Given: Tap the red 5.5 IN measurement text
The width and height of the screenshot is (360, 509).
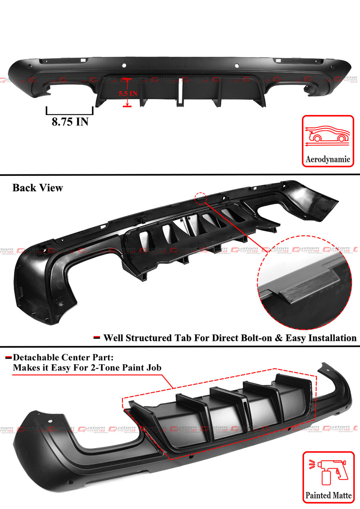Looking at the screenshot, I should point(128,93).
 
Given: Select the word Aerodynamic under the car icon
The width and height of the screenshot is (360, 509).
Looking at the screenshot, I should point(328,159).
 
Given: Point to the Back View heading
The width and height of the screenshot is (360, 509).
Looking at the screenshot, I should point(38,188).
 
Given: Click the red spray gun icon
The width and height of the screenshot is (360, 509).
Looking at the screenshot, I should point(328,472).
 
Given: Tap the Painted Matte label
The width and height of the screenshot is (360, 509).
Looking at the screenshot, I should point(328,496).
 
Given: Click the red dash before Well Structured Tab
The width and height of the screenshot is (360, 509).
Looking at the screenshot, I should point(96,338).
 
